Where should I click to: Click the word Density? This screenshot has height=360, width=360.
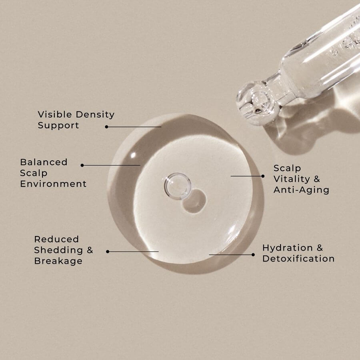click(95, 115)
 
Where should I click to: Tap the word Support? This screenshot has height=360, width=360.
click(58, 125)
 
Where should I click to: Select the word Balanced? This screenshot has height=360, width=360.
click(44, 162)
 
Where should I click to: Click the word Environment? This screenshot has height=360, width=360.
click(53, 184)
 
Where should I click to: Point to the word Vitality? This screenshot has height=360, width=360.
click(292, 179)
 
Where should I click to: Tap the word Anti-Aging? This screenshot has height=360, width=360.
click(301, 190)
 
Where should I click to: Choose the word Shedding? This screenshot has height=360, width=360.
click(58, 250)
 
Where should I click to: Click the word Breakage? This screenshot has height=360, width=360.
click(58, 261)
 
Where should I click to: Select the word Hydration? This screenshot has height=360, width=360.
click(288, 248)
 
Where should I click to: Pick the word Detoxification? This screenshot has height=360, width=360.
click(298, 259)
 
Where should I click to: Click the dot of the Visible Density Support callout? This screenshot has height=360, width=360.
click(106, 127)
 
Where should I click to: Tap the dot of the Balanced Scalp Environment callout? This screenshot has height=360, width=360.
click(82, 165)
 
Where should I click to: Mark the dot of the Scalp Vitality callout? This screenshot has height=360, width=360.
click(263, 176)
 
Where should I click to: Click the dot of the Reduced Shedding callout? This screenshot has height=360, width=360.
click(108, 252)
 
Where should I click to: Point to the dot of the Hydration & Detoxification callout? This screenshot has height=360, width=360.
click(253, 255)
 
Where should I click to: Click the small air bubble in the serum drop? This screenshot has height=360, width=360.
click(178, 186)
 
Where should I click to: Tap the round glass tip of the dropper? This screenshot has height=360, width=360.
click(258, 103)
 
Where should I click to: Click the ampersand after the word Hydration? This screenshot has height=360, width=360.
click(320, 248)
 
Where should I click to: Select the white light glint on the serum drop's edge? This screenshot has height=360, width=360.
click(133, 156)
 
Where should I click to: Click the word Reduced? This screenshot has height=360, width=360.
click(56, 239)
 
